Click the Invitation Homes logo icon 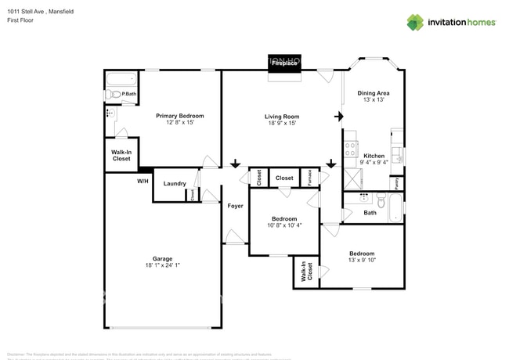point(414,22)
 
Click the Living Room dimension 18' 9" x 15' point(281,124)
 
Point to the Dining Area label point(374,93)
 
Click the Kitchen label point(374,156)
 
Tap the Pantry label point(397,182)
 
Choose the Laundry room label point(174,184)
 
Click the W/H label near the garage point(143,181)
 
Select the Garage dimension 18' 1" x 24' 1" point(162,265)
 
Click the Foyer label point(235,206)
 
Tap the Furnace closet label point(309,177)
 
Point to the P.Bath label point(129,95)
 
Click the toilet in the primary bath point(114,95)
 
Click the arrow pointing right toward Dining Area point(338,117)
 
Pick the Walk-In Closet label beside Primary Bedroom point(121,156)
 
